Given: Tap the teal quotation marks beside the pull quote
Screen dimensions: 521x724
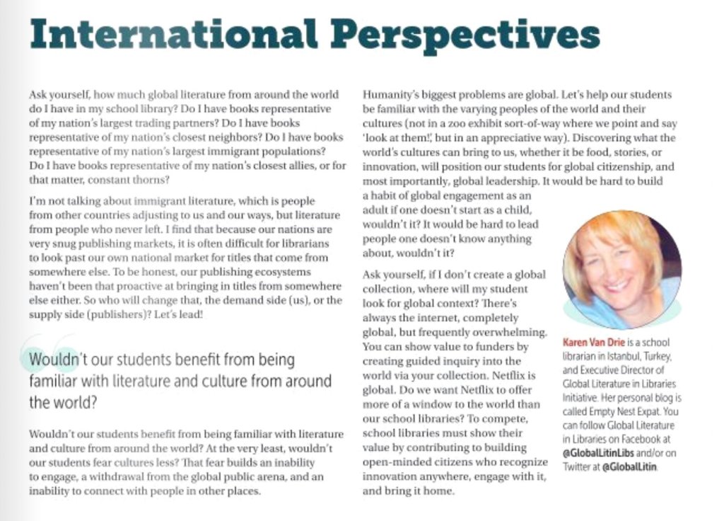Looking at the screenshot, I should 49,354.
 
